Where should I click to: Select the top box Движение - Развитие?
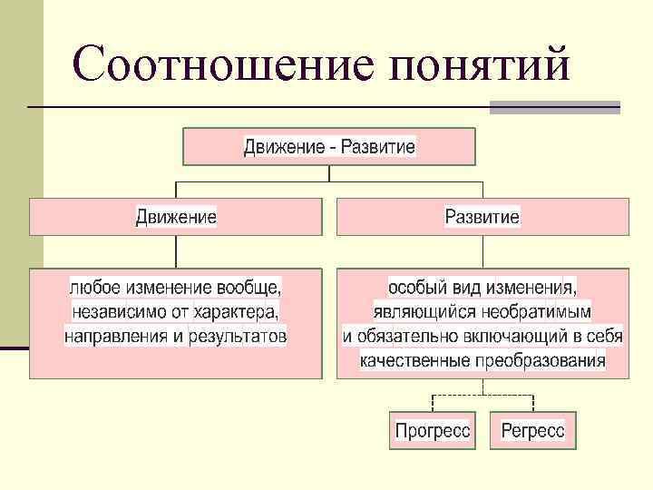coord(329,147)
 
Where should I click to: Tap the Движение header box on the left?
coord(176,218)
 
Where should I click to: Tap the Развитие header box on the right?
coord(482,218)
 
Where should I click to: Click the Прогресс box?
coord(433,430)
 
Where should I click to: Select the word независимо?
coord(115,313)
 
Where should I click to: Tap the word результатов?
coord(237,338)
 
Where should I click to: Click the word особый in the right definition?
coord(414,289)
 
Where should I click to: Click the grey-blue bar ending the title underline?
coord(554,107)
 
